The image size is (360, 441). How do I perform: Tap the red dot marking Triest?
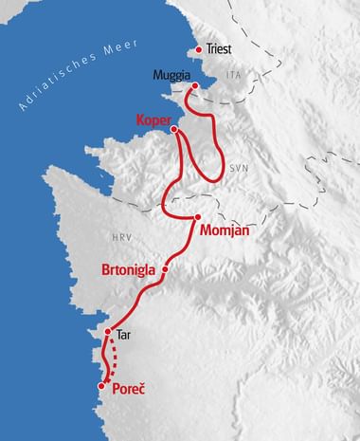[198, 50]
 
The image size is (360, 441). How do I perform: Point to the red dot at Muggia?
[194, 86]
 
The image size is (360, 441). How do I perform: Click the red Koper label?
[154, 120]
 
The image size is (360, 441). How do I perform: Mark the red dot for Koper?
[173, 130]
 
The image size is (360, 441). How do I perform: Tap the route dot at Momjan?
[197, 218]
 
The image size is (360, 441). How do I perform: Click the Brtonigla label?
[130, 269]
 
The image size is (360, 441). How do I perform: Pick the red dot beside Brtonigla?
[165, 269]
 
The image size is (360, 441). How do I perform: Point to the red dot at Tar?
[108, 332]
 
